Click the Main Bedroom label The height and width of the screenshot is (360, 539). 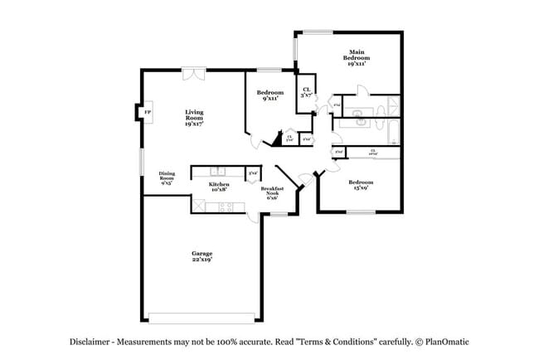pyautogui.click(x=357, y=59)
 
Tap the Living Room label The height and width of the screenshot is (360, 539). pyautogui.click(x=195, y=115)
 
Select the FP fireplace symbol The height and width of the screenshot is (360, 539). pyautogui.click(x=148, y=112)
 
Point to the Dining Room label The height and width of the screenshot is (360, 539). pyautogui.click(x=167, y=177)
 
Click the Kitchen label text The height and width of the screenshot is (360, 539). pyautogui.click(x=219, y=185)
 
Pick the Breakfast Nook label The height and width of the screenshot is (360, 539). pyautogui.click(x=272, y=192)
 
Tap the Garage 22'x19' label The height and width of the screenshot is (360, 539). pyautogui.click(x=202, y=256)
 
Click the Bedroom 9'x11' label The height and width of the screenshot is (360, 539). pyautogui.click(x=269, y=95)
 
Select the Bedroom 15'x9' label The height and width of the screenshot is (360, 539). pyautogui.click(x=360, y=184)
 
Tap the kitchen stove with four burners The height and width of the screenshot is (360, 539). pyautogui.click(x=224, y=207)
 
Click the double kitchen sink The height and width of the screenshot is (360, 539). pyautogui.click(x=218, y=171)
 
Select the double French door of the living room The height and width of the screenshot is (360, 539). pyautogui.click(x=194, y=73)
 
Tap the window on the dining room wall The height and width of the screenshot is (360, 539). pyautogui.click(x=140, y=161)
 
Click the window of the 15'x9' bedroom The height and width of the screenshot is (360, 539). pyautogui.click(x=360, y=212)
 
